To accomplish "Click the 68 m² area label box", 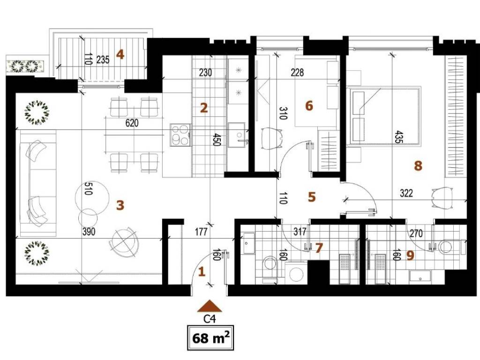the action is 210,338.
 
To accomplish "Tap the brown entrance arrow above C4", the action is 210,306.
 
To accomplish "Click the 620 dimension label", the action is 132,123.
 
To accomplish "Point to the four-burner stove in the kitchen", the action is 180,135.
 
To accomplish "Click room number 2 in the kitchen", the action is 204,108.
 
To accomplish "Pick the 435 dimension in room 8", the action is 398,137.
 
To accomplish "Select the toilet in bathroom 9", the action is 446,246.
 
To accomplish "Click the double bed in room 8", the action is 383,116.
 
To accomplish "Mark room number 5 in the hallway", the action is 312,197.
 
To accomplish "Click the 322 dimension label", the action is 406,193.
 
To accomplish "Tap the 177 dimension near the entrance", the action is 201,232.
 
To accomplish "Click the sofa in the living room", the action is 38,183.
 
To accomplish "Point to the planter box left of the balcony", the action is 26,66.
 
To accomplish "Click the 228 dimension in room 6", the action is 297,72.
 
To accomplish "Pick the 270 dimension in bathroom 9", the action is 416,233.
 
